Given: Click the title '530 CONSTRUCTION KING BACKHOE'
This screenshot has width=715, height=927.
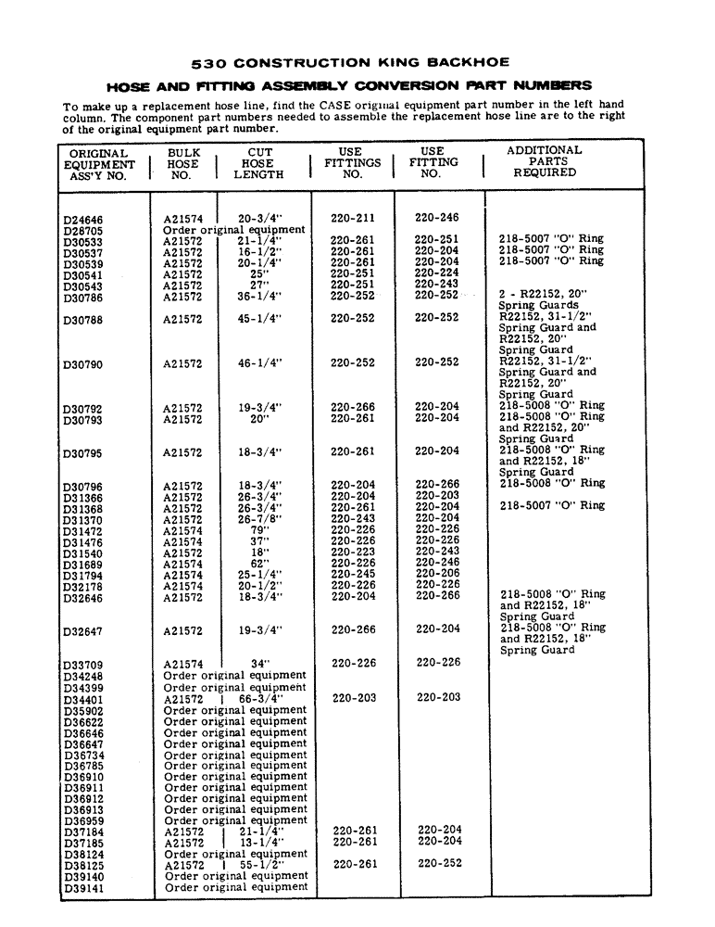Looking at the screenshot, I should (349, 64).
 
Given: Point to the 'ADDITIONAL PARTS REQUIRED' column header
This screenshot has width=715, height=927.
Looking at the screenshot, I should (544, 161).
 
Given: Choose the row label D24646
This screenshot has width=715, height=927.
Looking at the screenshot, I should (82, 219).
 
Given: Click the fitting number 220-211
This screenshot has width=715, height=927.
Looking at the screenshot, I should (353, 219).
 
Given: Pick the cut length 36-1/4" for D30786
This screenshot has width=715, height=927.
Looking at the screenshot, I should (259, 297).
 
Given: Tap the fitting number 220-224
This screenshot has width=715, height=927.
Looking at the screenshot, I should (436, 273).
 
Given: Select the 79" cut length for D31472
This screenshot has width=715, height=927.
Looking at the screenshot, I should (259, 530).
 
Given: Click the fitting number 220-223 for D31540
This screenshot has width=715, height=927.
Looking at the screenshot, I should (353, 552).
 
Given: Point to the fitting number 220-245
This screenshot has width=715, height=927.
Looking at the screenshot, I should (353, 574).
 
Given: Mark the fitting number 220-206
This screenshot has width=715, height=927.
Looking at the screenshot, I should (436, 574).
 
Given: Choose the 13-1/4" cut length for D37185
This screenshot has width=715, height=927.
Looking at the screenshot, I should (260, 842).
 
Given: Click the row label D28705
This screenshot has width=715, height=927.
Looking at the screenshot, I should (82, 230).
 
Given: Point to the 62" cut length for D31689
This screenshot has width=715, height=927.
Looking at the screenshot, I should (259, 564).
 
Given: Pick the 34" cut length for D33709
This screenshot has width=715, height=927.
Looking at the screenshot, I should (259, 663).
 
